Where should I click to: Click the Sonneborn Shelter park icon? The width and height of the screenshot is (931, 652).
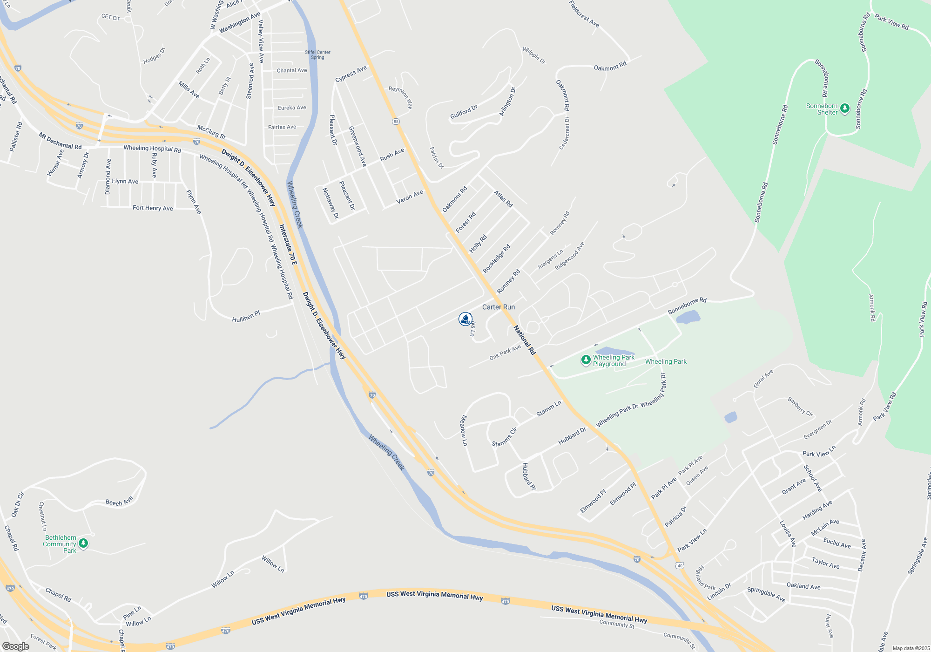click(x=845, y=109)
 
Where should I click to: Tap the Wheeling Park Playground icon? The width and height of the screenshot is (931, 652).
click(x=586, y=360)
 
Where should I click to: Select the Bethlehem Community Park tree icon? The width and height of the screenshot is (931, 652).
click(x=83, y=543)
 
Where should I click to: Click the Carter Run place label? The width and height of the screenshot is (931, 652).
click(x=499, y=307)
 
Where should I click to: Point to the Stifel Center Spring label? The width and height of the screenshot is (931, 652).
click(x=317, y=55)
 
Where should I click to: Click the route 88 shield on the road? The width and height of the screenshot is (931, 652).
click(x=396, y=122)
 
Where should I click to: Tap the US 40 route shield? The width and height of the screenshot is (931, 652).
click(x=680, y=566)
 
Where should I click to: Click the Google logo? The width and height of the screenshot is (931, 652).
click(x=15, y=646)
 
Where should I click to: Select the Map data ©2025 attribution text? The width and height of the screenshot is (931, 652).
click(x=911, y=648)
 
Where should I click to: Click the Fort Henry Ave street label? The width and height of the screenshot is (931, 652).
click(x=153, y=208)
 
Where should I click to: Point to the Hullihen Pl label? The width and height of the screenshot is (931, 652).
click(x=246, y=317)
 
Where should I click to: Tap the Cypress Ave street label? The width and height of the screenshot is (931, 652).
click(x=351, y=74)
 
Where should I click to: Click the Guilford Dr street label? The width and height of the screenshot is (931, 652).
click(x=464, y=112)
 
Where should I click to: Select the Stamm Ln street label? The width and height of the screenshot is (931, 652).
click(x=549, y=408)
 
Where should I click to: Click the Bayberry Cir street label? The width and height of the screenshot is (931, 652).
click(x=800, y=407)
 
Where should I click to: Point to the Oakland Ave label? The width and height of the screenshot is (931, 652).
click(x=803, y=586)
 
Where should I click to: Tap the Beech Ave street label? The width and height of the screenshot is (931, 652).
click(x=119, y=501)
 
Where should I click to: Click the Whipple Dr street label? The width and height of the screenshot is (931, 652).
click(x=534, y=55)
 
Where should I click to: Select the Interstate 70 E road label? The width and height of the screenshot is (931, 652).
click(x=288, y=245)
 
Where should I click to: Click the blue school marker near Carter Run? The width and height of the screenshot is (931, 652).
click(x=465, y=319)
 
